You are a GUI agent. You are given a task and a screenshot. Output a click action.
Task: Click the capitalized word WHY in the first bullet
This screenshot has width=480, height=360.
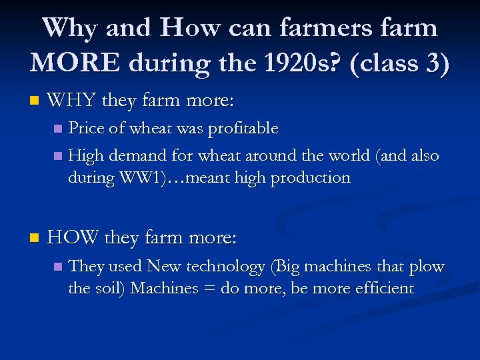pos(71,101)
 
